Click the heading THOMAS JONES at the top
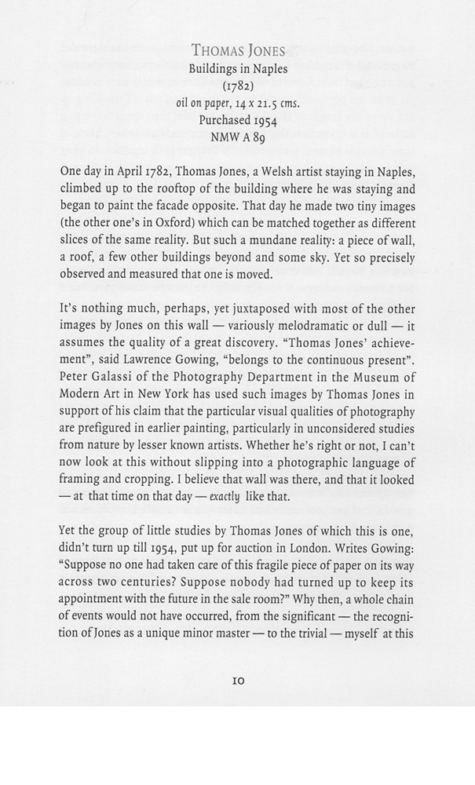(238, 52)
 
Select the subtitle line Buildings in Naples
(238, 69)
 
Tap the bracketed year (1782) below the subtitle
(237, 86)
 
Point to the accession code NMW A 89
(237, 137)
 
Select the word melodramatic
(278, 327)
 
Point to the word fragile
(300, 584)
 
